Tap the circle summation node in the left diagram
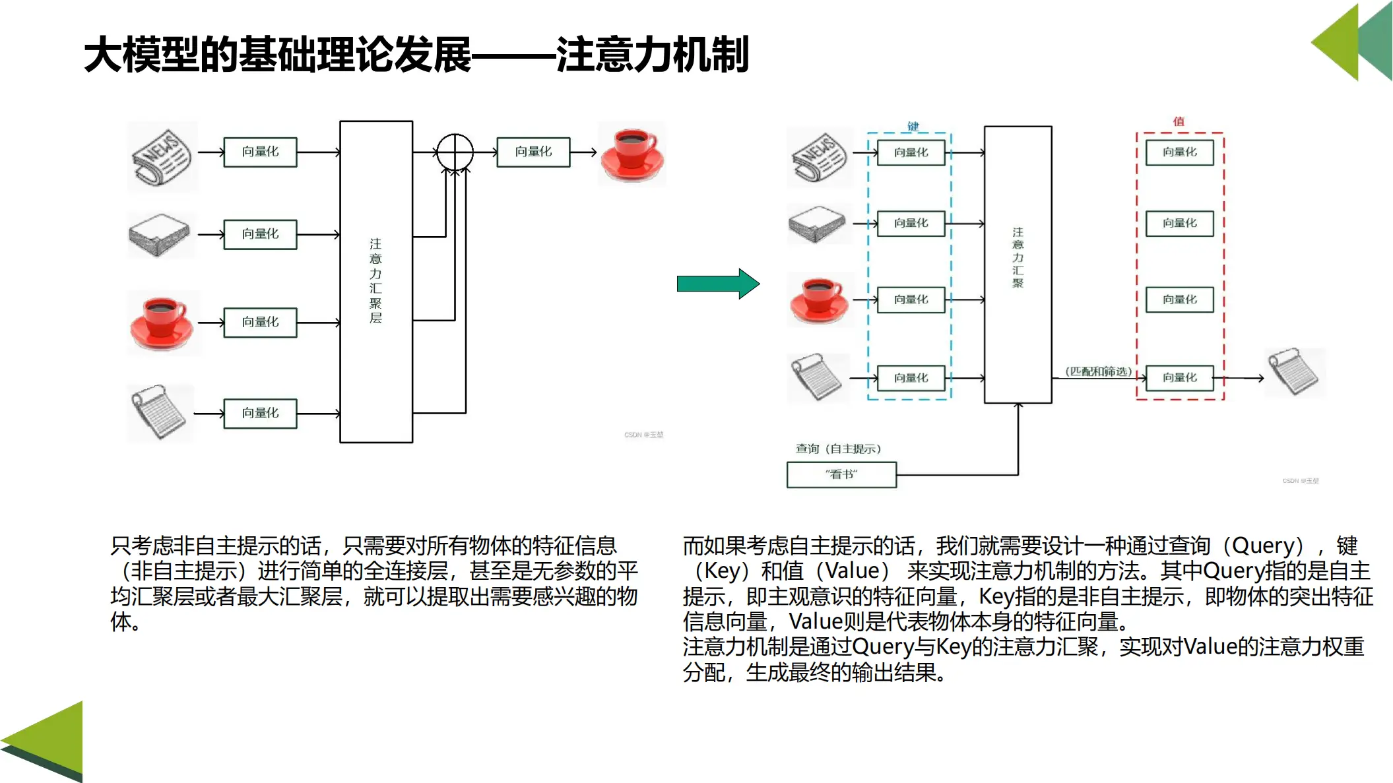455,152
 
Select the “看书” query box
841,474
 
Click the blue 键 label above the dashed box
913,126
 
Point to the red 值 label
1179,121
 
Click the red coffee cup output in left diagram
632,154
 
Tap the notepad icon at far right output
1294,372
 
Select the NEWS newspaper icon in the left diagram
162,156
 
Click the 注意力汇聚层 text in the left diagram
375,280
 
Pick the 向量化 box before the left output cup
533,152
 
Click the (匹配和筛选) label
1098,371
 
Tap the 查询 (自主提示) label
838,449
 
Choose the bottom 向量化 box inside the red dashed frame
1179,377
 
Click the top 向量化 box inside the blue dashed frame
911,152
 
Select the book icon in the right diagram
817,224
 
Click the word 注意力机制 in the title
652,55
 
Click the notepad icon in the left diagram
159,412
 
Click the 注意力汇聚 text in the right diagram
1018,257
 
